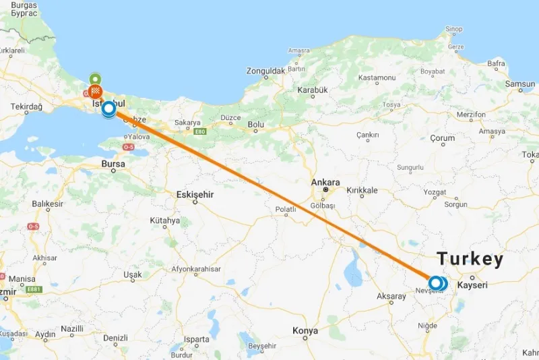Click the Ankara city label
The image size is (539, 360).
(325, 182)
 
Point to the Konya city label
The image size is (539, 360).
(305, 330)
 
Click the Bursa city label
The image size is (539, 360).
(113, 163)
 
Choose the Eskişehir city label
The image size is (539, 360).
(195, 194)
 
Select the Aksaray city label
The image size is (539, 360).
(391, 297)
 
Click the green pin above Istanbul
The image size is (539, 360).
(96, 78)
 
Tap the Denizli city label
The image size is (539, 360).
(115, 337)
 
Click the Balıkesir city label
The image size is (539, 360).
(47, 204)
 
